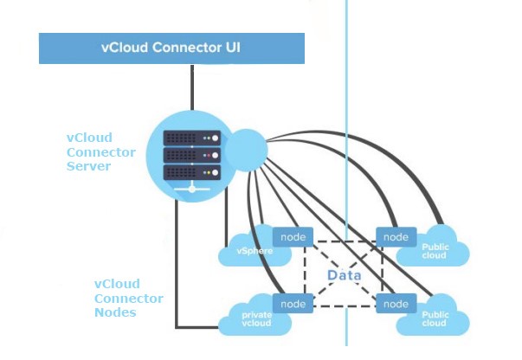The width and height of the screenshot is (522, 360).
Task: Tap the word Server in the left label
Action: [x=89, y=166]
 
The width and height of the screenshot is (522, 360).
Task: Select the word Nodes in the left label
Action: [x=115, y=312]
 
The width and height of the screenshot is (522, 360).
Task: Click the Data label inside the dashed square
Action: [x=344, y=275]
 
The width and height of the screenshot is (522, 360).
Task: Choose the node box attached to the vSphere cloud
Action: [x=292, y=236]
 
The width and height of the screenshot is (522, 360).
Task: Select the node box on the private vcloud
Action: [x=293, y=304]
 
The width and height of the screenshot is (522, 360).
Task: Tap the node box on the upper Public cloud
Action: [x=395, y=236]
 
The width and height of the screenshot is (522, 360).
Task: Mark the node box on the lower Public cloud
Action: [x=396, y=304]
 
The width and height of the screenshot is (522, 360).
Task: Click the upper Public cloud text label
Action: [x=435, y=252]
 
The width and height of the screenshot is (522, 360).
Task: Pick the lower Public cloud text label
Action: [x=435, y=319]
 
